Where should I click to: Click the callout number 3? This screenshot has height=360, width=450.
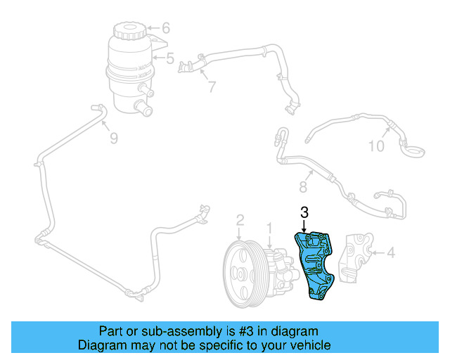click(x=304, y=212)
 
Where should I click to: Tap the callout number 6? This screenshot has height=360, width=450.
click(x=166, y=29)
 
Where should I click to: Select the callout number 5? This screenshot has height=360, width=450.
click(x=169, y=59)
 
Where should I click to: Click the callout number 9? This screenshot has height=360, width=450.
click(x=113, y=139)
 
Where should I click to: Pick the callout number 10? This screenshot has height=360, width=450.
click(x=377, y=146)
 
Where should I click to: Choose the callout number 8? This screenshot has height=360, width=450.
click(x=304, y=187)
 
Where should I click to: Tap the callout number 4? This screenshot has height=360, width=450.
click(x=391, y=250)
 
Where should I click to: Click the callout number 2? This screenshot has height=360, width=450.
click(x=240, y=221)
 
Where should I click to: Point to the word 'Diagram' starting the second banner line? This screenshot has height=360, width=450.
click(x=100, y=345)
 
